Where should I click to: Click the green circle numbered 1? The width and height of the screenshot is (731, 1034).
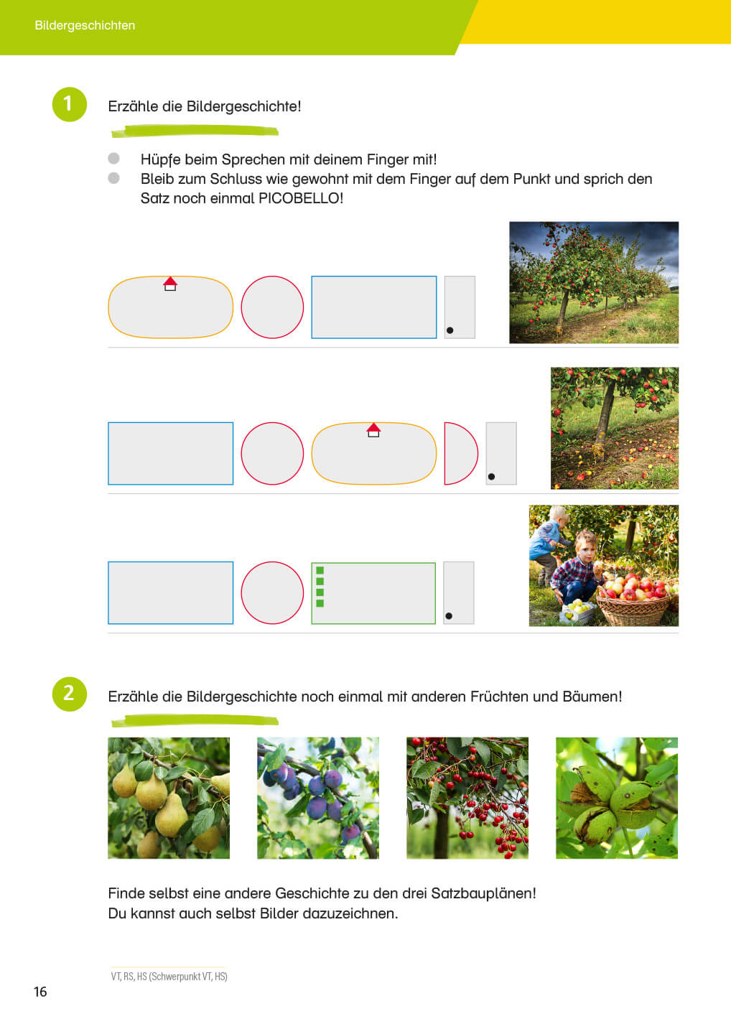pyautogui.click(x=69, y=104)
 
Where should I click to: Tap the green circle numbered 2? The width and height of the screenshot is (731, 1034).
pyautogui.click(x=69, y=694)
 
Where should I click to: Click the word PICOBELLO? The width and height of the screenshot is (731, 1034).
pyautogui.click(x=301, y=198)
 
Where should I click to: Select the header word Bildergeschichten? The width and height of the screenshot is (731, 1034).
pyautogui.click(x=85, y=25)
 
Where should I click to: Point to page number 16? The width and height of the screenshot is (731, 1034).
pyautogui.click(x=40, y=992)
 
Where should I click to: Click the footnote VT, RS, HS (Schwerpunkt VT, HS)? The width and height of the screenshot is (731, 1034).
pyautogui.click(x=169, y=977)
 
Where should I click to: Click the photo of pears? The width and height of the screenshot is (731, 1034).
pyautogui.click(x=169, y=798)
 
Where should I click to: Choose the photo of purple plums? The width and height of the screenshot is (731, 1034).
pyautogui.click(x=318, y=798)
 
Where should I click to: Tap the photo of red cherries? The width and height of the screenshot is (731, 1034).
pyautogui.click(x=467, y=798)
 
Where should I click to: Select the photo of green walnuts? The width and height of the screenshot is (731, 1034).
pyautogui.click(x=617, y=798)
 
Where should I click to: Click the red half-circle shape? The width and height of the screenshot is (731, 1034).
pyautogui.click(x=461, y=453)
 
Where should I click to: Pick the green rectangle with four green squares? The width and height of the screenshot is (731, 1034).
pyautogui.click(x=374, y=593)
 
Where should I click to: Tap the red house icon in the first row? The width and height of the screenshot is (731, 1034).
pyautogui.click(x=170, y=284)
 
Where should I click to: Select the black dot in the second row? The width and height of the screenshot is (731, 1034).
pyautogui.click(x=491, y=477)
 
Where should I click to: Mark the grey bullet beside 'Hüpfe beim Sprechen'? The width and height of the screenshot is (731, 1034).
pyautogui.click(x=113, y=158)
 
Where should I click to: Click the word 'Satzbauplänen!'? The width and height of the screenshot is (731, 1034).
pyautogui.click(x=484, y=894)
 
